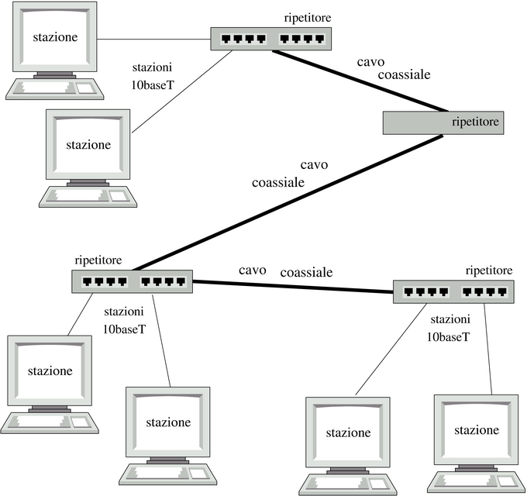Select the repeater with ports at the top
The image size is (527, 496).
pyautogui.click(x=270, y=38)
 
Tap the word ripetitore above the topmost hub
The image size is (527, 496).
pyautogui.click(x=306, y=18)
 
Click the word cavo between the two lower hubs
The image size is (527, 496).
pyautogui.click(x=253, y=270)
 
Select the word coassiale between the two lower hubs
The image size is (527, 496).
pyautogui.click(x=306, y=272)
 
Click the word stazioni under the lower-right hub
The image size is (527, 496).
pyautogui.click(x=450, y=319)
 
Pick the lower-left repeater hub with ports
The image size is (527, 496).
pyautogui.click(x=133, y=281)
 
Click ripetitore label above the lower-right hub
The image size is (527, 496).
pyautogui.click(x=488, y=270)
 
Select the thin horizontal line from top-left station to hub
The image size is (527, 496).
pyautogui.click(x=156, y=38)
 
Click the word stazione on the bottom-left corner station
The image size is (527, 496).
pyautogui.click(x=49, y=370)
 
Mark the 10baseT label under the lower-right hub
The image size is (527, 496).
pyautogui.click(x=447, y=337)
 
